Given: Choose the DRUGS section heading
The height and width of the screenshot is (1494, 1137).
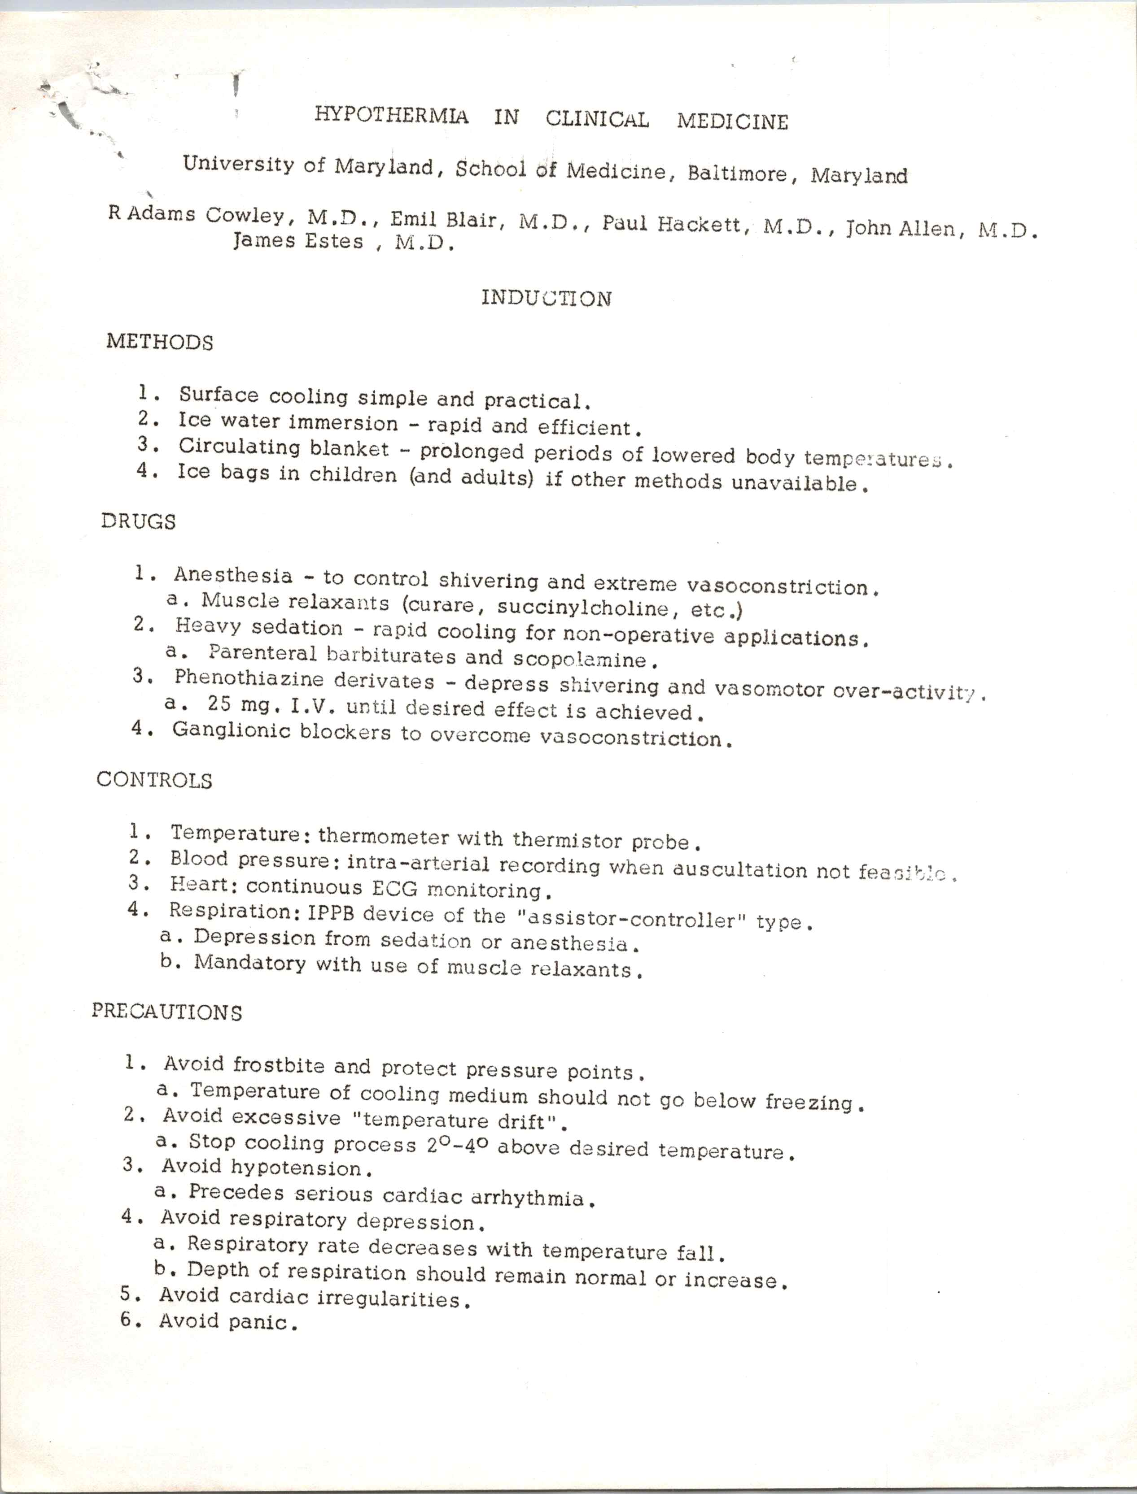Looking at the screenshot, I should pos(138,521).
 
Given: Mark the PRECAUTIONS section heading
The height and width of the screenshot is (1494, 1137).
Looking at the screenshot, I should pos(166,1012).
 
